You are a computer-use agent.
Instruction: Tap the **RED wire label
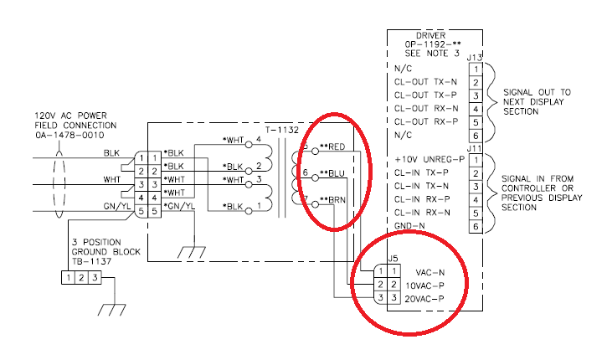point(334,147)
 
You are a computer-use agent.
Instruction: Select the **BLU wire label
point(333,174)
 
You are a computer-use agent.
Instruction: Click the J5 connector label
point(393,259)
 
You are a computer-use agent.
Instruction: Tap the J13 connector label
point(474,57)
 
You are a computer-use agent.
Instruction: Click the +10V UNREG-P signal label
point(429,159)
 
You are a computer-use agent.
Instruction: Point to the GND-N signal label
point(409,227)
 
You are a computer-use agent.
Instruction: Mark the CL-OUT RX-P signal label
point(426,122)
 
